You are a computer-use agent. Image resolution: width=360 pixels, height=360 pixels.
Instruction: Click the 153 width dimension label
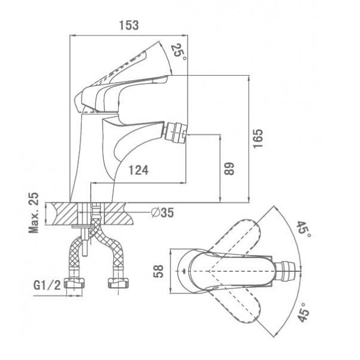(x=129, y=25)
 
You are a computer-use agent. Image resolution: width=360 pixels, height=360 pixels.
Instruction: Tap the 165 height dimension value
(x=258, y=139)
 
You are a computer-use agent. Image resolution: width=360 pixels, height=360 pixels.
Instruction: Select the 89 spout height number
(x=229, y=169)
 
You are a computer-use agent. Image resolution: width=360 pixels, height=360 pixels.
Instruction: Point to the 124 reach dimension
(x=138, y=170)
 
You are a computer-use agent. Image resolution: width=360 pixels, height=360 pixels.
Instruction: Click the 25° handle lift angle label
(x=178, y=52)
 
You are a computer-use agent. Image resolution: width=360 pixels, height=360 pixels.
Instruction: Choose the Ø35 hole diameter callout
(x=163, y=212)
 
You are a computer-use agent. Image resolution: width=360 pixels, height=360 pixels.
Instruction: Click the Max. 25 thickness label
(x=34, y=212)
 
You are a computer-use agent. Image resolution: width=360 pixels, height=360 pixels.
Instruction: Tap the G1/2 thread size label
(x=47, y=285)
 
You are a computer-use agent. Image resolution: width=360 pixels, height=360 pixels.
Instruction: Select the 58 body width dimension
(x=158, y=271)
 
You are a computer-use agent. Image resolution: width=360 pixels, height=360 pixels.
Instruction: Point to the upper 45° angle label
(x=304, y=230)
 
